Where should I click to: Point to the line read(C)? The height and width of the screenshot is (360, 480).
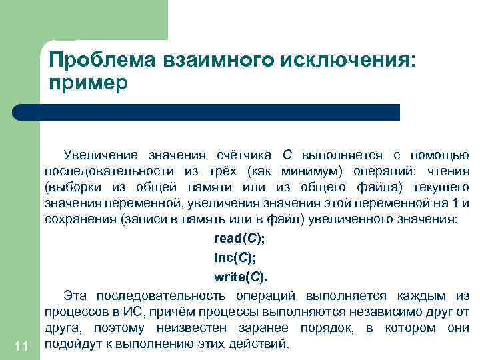(239, 238)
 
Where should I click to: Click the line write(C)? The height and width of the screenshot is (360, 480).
(239, 276)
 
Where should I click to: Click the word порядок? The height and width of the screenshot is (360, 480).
(325, 328)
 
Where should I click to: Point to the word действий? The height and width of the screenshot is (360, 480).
(265, 344)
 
